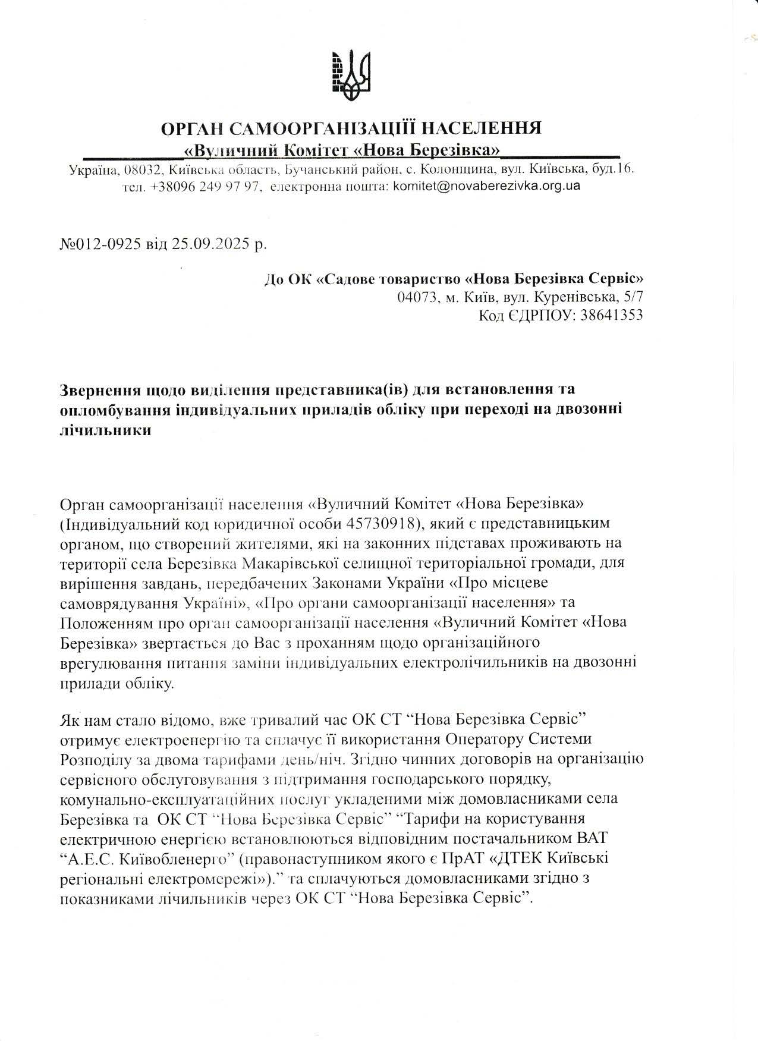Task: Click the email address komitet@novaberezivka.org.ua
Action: click(486, 185)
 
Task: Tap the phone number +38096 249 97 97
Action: click(205, 186)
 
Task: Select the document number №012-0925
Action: click(100, 244)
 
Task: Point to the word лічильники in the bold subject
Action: click(106, 430)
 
